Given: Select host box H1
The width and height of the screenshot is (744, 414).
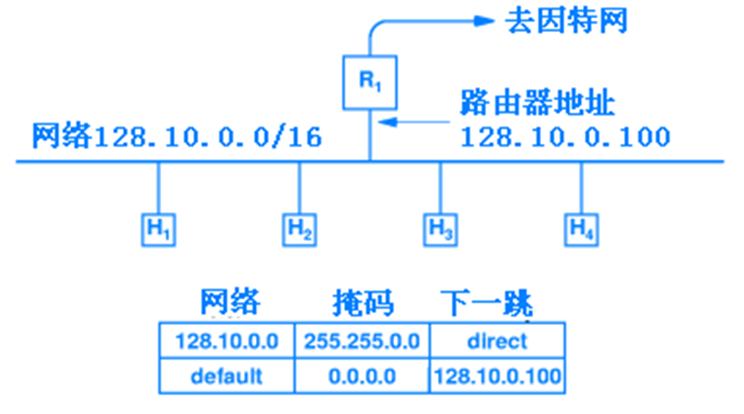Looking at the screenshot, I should coord(158,228).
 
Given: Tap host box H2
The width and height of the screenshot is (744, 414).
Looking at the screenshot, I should coord(300,228).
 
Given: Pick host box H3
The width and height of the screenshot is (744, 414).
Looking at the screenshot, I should coord(441,228).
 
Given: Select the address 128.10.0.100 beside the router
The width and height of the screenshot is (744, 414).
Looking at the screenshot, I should coord(565,137).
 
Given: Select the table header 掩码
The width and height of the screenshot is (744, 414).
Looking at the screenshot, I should coord(362,302).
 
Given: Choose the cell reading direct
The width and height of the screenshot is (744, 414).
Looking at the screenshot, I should coord(496,341).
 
